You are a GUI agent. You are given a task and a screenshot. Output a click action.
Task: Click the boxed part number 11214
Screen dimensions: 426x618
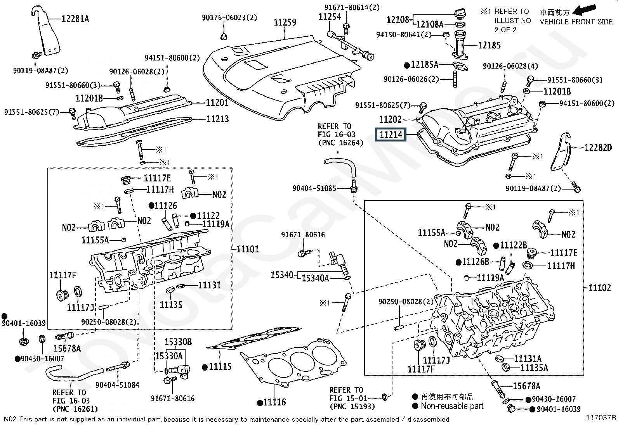(391, 135)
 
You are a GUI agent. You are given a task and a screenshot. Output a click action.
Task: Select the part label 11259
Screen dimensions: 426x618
(285, 22)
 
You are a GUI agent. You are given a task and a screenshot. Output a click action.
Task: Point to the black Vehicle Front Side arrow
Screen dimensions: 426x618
(586, 9)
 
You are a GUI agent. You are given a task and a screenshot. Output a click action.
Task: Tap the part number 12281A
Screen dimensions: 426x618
(75, 19)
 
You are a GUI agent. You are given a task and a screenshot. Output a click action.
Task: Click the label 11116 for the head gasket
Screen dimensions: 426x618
(274, 402)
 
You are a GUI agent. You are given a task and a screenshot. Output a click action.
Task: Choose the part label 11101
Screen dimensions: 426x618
(247, 249)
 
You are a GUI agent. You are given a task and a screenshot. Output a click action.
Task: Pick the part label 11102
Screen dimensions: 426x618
(599, 288)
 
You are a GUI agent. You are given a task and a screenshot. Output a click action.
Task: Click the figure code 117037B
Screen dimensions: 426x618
(601, 417)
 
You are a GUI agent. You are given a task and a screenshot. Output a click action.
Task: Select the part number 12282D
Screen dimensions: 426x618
(598, 148)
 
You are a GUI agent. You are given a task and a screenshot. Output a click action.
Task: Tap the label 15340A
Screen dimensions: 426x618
(315, 278)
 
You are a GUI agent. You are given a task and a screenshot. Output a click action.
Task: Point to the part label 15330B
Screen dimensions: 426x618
(178, 342)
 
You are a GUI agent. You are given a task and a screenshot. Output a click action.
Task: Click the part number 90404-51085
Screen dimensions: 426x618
(314, 188)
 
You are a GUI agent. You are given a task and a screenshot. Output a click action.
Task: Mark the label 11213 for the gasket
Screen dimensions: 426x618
(217, 119)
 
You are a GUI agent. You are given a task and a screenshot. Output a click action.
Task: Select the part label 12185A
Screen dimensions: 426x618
(424, 65)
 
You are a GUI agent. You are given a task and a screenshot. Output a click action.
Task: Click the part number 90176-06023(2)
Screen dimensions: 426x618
(229, 18)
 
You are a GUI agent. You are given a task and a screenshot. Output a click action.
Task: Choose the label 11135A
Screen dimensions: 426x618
(534, 368)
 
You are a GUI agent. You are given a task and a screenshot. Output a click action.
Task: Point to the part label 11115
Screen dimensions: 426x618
(220, 367)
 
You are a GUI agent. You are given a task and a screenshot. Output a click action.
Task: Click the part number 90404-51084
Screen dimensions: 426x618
(117, 385)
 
